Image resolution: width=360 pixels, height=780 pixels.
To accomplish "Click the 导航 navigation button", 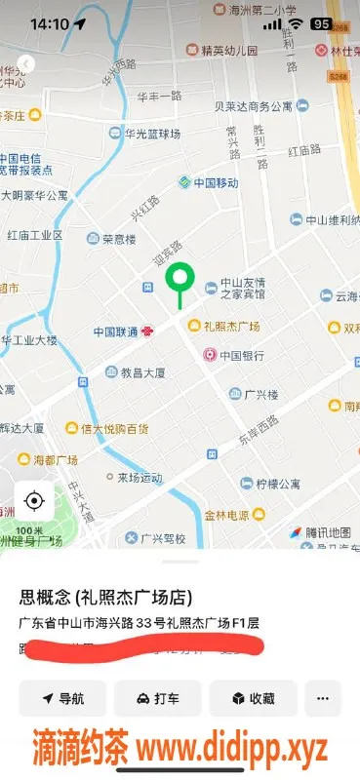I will pyautogui.click(x=62, y=698).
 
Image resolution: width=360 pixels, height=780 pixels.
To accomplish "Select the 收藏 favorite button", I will pyautogui.click(x=253, y=698).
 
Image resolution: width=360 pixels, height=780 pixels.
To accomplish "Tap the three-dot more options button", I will pyautogui.click(x=323, y=698).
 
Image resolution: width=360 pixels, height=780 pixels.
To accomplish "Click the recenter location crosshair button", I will pyautogui.click(x=34, y=501).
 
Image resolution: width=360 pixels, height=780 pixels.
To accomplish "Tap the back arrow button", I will pyautogui.click(x=26, y=64).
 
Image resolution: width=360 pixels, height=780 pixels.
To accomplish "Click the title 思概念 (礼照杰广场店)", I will pyautogui.click(x=105, y=598).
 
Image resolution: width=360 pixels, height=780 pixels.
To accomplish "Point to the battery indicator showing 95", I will pyautogui.click(x=321, y=23).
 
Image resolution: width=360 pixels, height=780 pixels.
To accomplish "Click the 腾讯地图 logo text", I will pyautogui.click(x=320, y=532).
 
